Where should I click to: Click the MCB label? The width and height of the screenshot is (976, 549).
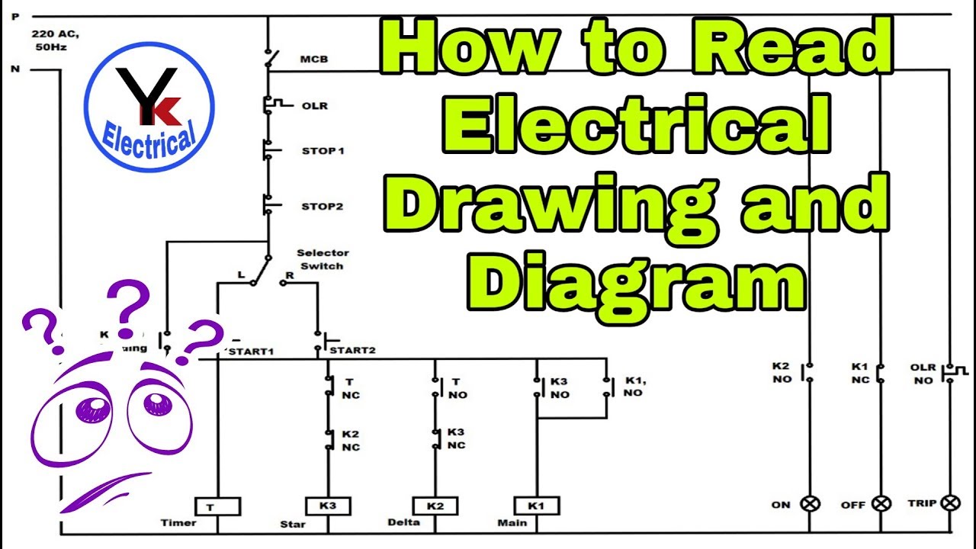click(314, 59)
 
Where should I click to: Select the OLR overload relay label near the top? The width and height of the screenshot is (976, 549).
click(314, 105)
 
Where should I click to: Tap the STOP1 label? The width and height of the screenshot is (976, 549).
click(323, 151)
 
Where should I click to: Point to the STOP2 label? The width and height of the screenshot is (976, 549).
click(323, 206)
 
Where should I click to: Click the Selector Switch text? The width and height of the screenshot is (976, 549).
click(323, 259)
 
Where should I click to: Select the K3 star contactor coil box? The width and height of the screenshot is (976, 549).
click(328, 506)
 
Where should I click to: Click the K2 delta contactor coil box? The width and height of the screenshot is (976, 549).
click(435, 506)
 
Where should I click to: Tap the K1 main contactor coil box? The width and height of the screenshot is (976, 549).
click(537, 506)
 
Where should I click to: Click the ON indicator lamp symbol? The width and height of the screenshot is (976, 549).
click(809, 504)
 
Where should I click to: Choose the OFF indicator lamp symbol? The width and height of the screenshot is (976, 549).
click(881, 504)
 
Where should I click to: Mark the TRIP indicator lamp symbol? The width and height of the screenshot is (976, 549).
click(950, 503)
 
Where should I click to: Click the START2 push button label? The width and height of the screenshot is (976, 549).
click(352, 351)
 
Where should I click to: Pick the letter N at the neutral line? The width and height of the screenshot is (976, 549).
click(14, 69)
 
